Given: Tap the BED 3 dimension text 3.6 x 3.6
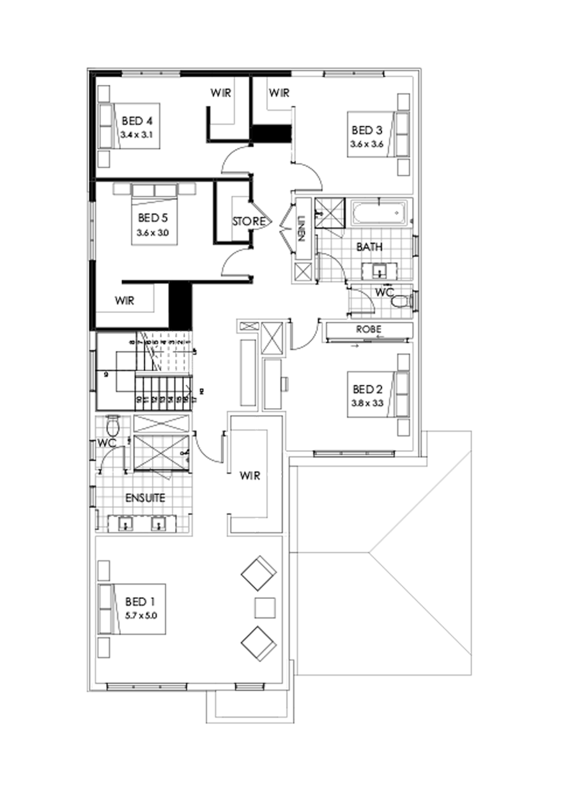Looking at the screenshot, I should coord(366,144).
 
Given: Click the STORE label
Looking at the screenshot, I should coord(247,222).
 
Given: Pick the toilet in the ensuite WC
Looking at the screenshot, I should coord(112,425).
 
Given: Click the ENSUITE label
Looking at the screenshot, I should coord(144,498).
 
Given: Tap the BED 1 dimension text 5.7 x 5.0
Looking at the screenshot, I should coord(141,616).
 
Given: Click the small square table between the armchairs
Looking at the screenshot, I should coord(264,607).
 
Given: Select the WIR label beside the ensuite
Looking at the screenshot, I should coord(249,476).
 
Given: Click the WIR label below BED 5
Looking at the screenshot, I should coord(125,301).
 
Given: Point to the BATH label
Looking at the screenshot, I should coord(369,246).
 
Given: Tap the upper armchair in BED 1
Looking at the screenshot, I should coord(259,572).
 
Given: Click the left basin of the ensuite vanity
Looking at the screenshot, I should coord(126,524).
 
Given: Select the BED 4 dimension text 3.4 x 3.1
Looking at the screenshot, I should coord(138,135).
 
